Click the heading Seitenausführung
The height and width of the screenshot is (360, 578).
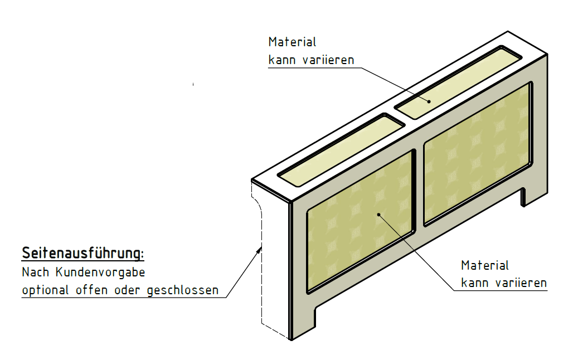coord(82,253)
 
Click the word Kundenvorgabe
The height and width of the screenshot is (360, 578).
coord(100,273)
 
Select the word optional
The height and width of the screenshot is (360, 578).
coord(45,290)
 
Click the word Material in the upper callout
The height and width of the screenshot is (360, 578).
coord(292,42)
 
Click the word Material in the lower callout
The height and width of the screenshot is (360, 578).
coord(485,265)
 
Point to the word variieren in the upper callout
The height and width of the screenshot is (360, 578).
coord(328,60)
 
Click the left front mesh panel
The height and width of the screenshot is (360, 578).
coord(360,222)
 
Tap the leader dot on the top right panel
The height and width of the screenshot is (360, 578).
coord(429,101)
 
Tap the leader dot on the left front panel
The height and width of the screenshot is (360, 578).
coord(378,215)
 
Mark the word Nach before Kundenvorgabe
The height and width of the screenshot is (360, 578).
coord(35,273)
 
